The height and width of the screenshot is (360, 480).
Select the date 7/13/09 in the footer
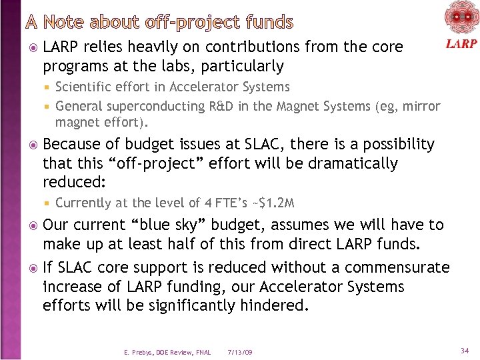239,352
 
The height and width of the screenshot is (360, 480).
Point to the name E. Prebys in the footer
137,352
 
